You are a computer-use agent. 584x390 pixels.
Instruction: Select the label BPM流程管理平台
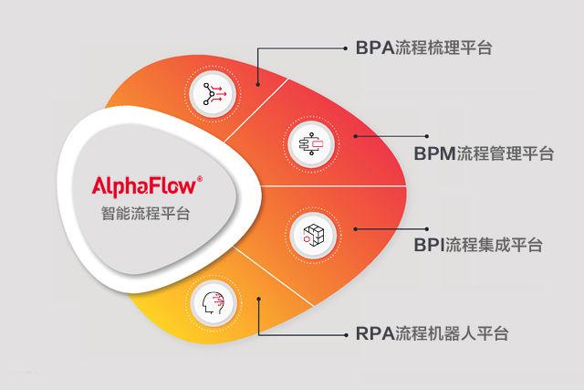point(483,153)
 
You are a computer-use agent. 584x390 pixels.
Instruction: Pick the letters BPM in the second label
point(433,153)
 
